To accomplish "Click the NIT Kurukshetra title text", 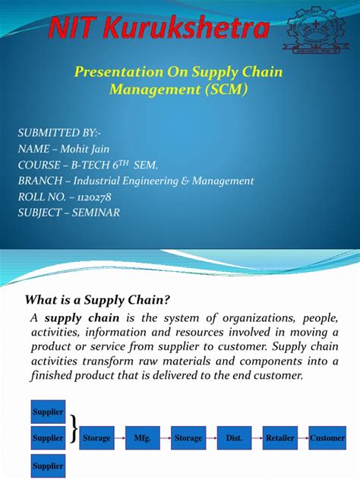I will coord(159,30).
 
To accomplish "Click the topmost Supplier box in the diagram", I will coord(48,412).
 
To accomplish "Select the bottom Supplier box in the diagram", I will coord(48,466).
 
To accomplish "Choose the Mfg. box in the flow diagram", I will coord(142,438).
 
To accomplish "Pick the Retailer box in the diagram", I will coord(279,438).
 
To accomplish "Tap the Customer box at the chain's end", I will coord(327,438).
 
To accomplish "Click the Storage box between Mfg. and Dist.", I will coord(188,438).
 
